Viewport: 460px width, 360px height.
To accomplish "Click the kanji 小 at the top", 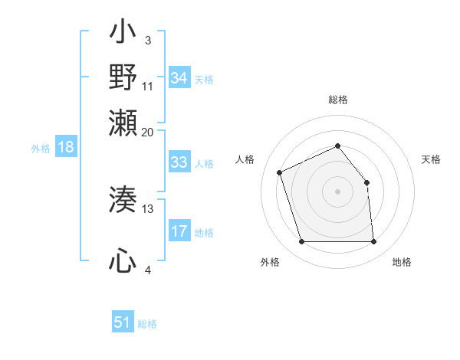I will (x=123, y=34).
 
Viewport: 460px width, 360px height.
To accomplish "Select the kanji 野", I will (x=123, y=77).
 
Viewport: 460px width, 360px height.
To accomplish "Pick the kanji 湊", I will (x=123, y=201).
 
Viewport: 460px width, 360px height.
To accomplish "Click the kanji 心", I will (x=123, y=262).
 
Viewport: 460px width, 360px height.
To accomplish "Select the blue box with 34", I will (x=179, y=78).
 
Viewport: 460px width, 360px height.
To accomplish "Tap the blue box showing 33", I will (x=179, y=162).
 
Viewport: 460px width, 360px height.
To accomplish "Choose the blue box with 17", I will (x=179, y=231).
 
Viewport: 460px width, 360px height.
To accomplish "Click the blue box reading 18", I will (x=65, y=147).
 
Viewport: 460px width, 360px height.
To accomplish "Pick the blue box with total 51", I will (x=122, y=322).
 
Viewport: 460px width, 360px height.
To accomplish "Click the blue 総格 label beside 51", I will (x=147, y=324).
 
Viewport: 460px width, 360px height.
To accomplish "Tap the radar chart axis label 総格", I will (x=337, y=100).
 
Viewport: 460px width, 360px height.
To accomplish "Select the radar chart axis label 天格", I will (x=431, y=159).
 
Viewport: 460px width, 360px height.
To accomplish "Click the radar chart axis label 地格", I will (x=402, y=263).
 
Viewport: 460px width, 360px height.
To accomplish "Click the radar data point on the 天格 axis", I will (x=366, y=182).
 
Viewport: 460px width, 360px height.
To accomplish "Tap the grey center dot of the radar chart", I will (x=337, y=191).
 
